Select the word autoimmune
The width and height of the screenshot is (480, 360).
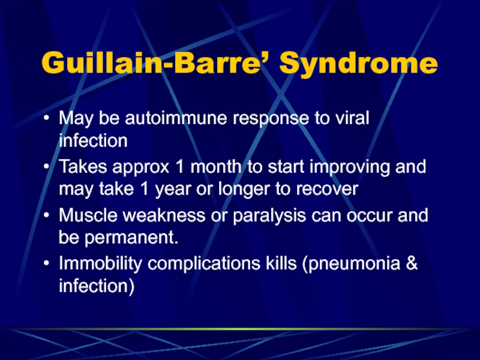click(176, 118)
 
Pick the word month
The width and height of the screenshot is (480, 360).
click(215, 167)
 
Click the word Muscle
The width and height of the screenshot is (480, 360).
click(88, 215)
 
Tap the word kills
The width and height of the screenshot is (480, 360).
click(281, 263)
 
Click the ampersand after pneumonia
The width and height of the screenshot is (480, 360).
click(412, 263)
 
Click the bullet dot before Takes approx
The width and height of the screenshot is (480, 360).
click(46, 167)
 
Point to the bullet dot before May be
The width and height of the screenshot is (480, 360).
click(46, 118)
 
